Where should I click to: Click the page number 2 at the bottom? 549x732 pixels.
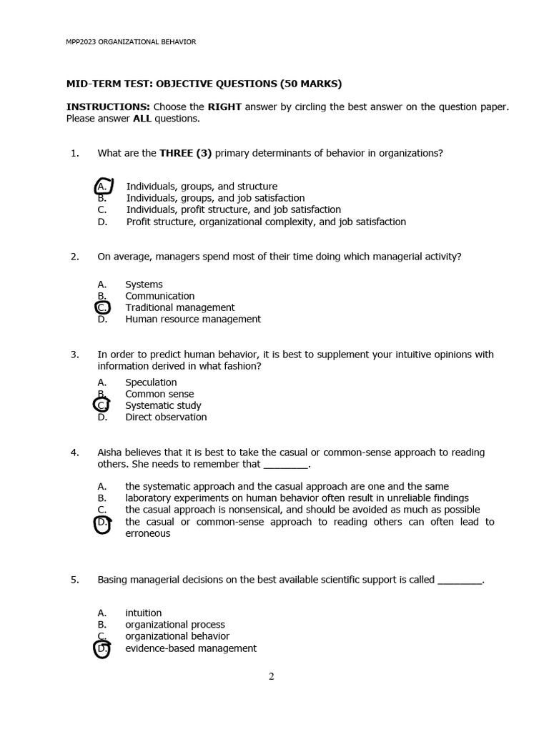pos(272,677)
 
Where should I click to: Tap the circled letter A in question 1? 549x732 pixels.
pos(103,187)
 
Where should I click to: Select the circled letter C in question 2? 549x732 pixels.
pos(102,308)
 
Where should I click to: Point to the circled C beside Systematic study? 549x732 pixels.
pos(102,405)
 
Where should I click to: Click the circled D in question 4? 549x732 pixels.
pos(102,523)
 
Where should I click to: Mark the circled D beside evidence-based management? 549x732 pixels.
pos(102,649)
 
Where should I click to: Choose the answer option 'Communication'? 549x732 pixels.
pos(160,296)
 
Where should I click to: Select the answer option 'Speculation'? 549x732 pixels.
pos(151,382)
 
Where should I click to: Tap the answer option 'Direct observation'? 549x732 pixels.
pos(166,417)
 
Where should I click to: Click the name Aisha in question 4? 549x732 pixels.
pos(111,452)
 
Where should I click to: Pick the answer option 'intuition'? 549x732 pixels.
pos(144,613)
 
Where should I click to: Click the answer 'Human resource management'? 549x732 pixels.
pos(193,320)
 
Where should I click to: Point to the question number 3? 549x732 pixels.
pos(74,355)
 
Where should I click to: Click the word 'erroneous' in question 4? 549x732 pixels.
pos(148,534)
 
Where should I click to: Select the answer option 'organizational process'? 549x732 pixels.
pos(175,625)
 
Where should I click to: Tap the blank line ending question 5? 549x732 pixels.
pos(460,580)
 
